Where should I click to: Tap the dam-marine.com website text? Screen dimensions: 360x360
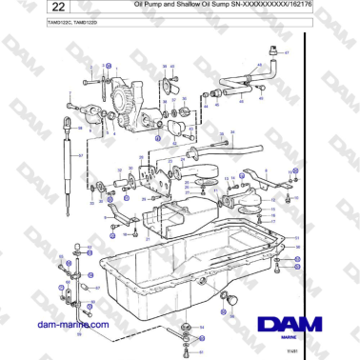68,325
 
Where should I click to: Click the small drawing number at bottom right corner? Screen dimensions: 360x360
331,350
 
